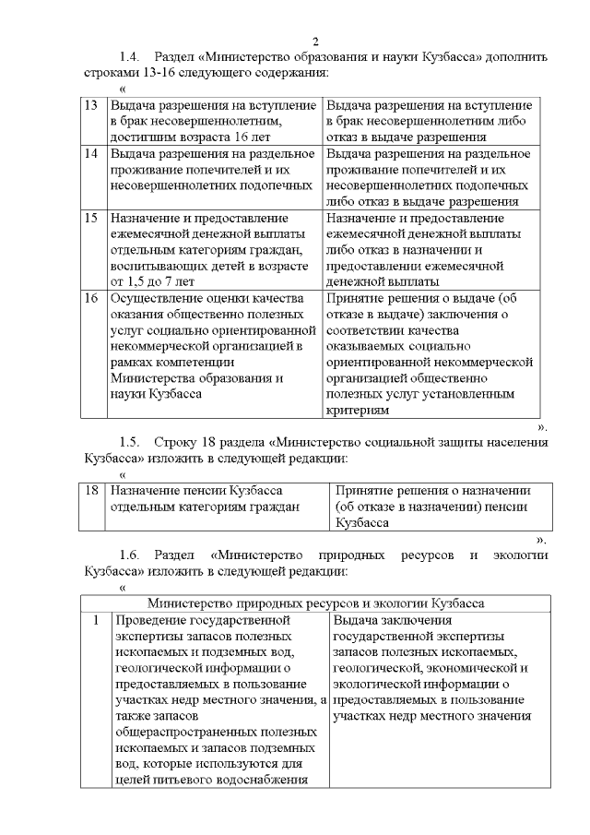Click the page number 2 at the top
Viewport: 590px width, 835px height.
pyautogui.click(x=314, y=42)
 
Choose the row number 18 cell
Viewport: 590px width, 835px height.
pyautogui.click(x=91, y=490)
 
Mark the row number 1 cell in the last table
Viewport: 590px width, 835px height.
pyautogui.click(x=96, y=621)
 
